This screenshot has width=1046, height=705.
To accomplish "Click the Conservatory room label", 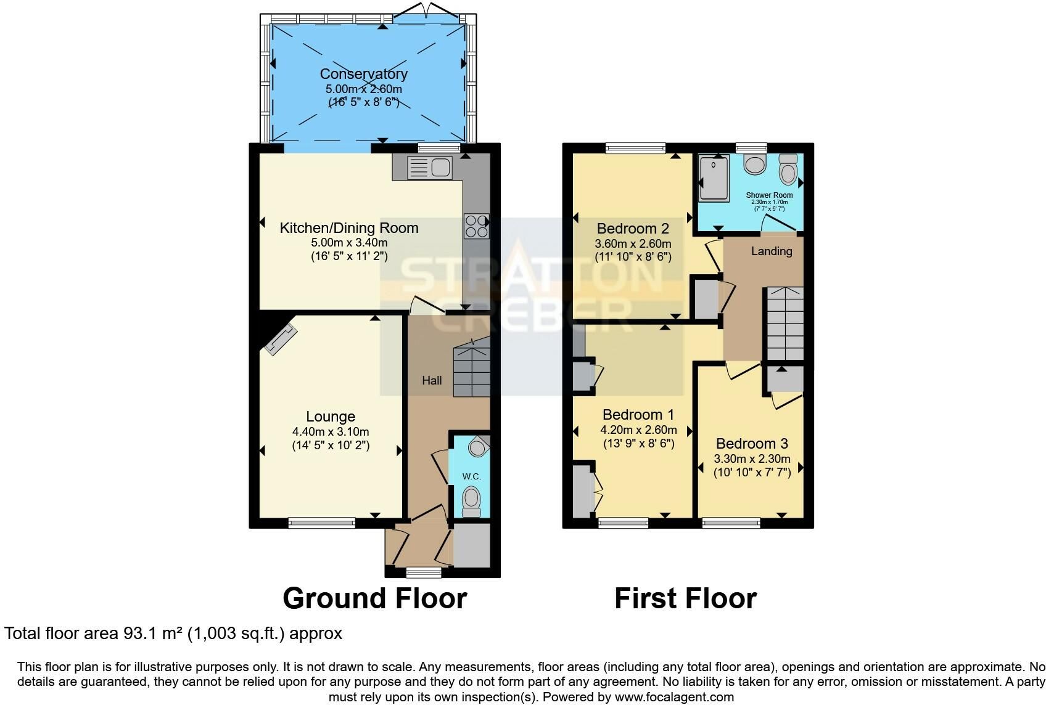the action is (x=364, y=74).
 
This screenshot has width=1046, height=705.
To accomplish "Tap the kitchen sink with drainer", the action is (x=430, y=168).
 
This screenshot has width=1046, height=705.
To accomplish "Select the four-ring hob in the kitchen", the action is (x=476, y=226).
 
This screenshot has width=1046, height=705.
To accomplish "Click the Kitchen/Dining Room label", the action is (x=349, y=227).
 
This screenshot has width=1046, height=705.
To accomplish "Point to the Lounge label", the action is (x=331, y=416).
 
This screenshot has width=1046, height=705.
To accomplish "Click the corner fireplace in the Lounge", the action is (x=281, y=339).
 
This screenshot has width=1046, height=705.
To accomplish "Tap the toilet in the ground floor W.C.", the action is (x=471, y=502).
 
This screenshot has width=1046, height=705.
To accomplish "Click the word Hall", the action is (x=432, y=381).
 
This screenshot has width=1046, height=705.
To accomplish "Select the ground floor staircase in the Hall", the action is (x=472, y=367).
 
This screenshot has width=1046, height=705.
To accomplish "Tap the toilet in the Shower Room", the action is (x=788, y=169).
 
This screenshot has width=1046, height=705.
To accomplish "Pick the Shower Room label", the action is (x=769, y=195).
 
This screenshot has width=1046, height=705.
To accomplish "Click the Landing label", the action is (x=772, y=251).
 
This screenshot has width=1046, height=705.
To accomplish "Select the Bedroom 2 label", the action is (x=633, y=229).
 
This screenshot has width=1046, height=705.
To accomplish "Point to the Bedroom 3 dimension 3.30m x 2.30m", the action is (x=752, y=458).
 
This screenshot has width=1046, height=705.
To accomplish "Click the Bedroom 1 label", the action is (x=638, y=414).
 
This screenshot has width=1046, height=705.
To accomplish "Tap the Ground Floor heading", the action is (x=374, y=598).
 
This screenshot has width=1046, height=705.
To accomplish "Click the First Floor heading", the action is (x=685, y=598).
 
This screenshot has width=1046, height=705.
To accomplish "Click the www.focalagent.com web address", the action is (x=674, y=697).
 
